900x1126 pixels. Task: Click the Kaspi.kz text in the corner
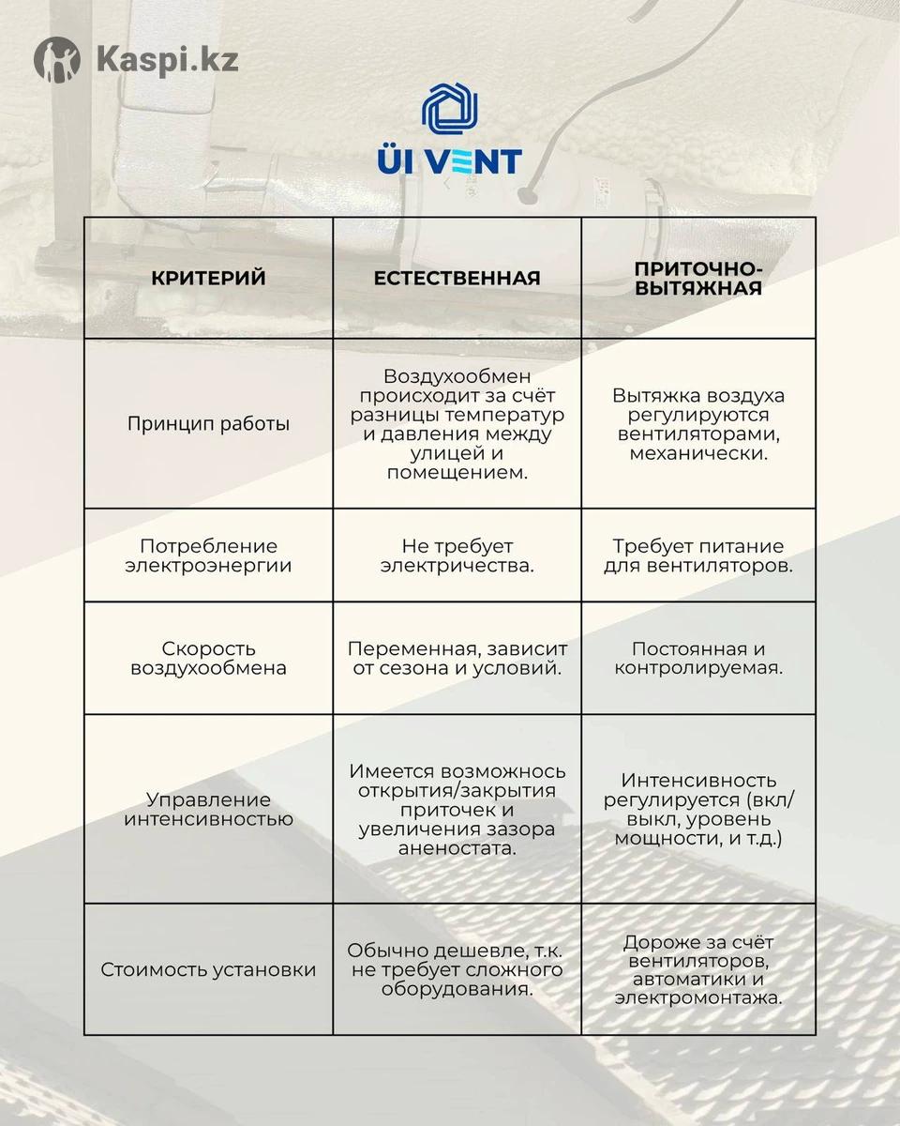tap(167, 60)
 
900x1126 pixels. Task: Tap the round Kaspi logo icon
tap(57, 59)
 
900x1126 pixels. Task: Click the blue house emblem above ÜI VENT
tap(451, 111)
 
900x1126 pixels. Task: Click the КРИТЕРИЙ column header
tap(208, 278)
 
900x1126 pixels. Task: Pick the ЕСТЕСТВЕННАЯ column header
tap(457, 278)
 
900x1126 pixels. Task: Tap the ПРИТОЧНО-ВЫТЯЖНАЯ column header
tap(698, 278)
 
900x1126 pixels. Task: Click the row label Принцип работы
tap(208, 423)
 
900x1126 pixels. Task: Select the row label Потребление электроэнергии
tap(208, 555)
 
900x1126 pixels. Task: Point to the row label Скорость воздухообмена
tap(208, 658)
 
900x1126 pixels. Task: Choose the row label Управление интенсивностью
tap(208, 809)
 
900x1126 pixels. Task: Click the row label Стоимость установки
tap(208, 969)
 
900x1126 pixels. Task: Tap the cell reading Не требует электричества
tap(457, 555)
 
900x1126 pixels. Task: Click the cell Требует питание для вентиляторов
tap(698, 555)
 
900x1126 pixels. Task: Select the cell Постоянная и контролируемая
tap(698, 658)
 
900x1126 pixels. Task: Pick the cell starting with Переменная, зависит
tap(457, 658)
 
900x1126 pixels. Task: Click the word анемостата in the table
tap(457, 848)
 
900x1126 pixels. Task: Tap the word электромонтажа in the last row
tap(698, 998)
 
